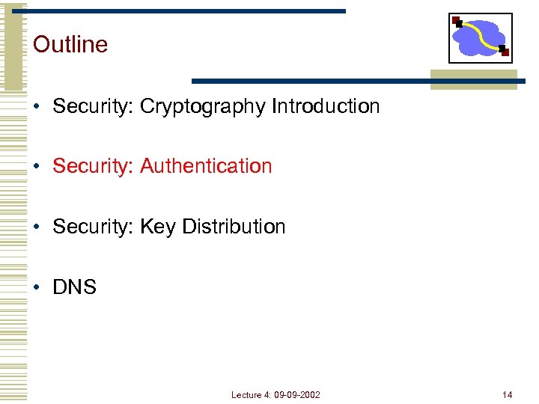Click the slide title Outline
[x=70, y=44]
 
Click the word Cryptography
[x=203, y=107]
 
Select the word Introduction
[x=326, y=106]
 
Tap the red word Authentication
[x=206, y=166]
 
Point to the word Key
[x=157, y=227]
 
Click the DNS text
[x=75, y=287]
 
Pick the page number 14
[x=508, y=394]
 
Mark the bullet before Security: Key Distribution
[x=37, y=227]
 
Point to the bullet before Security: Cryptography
[x=37, y=107]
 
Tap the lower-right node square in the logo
[x=504, y=52]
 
